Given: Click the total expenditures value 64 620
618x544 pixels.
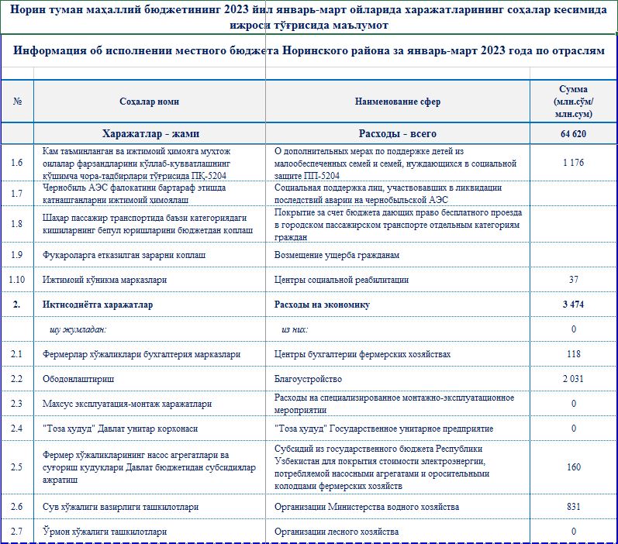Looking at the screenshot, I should [573, 133].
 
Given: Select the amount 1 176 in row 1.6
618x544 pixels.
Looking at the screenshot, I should [573, 163].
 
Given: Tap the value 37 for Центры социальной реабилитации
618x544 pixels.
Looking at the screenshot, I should [573, 280].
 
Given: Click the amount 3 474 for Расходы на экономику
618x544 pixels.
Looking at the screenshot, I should [573, 305].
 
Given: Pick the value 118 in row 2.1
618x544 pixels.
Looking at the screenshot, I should [573, 354].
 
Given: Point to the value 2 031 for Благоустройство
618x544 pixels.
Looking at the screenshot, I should [573, 379].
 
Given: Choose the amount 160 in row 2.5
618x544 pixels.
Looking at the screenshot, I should [573, 467].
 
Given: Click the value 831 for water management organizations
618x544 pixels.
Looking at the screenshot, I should [573, 507].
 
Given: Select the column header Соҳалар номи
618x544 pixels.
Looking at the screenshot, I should [149, 102].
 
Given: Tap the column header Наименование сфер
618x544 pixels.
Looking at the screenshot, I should [397, 102].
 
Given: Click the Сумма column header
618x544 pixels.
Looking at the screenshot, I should [573, 102].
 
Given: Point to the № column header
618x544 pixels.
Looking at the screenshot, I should [17, 102].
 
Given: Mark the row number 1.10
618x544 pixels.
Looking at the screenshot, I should [17, 280].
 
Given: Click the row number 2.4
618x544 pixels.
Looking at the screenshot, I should [17, 429].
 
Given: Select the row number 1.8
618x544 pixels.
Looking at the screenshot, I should [17, 225].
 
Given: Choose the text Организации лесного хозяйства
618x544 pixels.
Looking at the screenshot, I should [337, 532].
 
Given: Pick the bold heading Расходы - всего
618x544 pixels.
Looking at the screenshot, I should [397, 133].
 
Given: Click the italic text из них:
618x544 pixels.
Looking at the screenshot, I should [295, 329].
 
